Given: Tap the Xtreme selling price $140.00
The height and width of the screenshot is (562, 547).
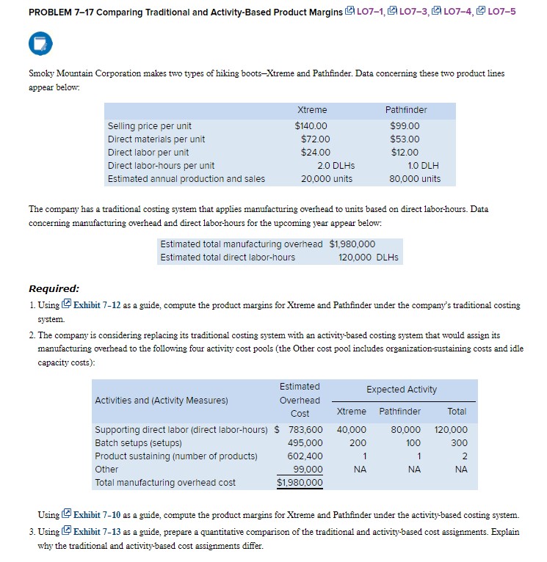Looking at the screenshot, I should [x=312, y=125].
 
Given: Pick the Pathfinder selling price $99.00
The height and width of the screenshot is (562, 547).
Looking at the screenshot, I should [x=405, y=125].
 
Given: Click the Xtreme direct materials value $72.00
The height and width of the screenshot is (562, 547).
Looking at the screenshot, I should [x=316, y=139].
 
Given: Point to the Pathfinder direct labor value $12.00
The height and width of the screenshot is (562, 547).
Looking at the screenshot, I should [x=405, y=152].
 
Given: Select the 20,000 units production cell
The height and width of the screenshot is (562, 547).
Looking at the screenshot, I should [x=326, y=178].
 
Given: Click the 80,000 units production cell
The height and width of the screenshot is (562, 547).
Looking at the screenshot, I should [x=416, y=178].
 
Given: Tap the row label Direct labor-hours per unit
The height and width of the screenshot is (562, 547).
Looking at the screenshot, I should [x=161, y=165].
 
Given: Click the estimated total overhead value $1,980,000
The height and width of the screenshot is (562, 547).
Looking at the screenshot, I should [x=352, y=244].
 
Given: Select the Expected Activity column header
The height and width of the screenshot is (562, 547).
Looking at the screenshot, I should [x=402, y=389].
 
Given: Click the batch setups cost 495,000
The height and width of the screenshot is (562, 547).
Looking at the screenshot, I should [x=305, y=442].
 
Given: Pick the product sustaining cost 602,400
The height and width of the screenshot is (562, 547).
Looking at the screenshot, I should [x=305, y=456].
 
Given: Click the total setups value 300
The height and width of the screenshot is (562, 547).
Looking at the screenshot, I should [x=457, y=442].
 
